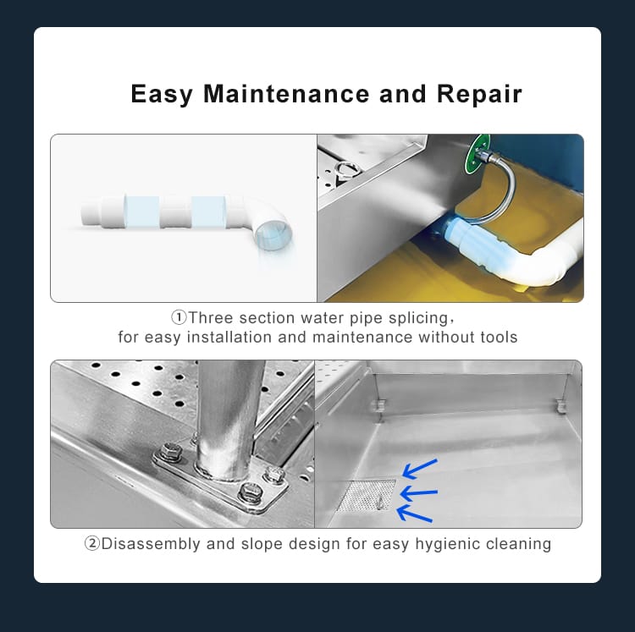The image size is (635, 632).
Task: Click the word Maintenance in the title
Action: [286, 94]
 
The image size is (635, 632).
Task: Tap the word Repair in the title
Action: [479, 95]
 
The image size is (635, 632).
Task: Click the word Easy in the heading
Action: [162, 95]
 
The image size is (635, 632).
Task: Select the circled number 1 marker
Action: [179, 317]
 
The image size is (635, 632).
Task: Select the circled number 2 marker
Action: [92, 543]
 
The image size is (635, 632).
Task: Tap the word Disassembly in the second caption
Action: [151, 544]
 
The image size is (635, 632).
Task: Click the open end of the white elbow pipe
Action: [273, 236]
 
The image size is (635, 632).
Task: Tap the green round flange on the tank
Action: [477, 155]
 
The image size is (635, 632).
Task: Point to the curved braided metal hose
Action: [501, 190]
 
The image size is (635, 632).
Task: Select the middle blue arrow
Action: [418, 493]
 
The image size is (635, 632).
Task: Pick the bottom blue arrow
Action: [414, 514]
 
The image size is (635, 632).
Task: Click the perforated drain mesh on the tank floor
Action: [367, 495]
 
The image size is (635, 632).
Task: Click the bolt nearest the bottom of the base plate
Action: [250, 492]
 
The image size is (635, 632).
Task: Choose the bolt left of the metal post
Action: [172, 452]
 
